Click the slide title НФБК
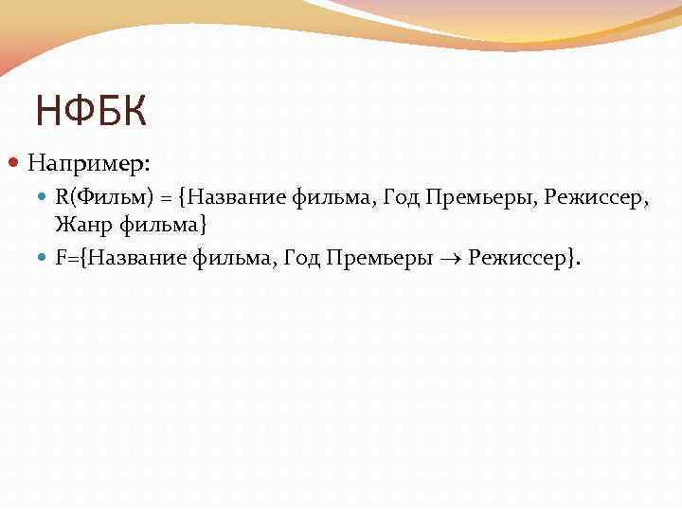[91, 111]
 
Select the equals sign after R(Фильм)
[167, 198]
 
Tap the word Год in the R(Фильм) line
[399, 198]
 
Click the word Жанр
[80, 227]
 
